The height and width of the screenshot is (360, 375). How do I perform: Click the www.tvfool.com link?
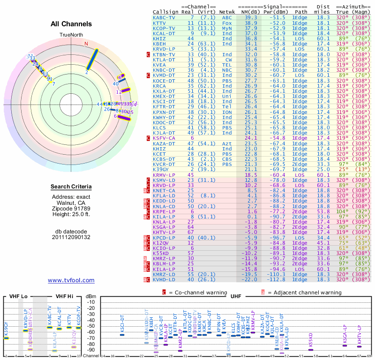(71, 280)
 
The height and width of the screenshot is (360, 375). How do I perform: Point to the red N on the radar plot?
(86, 44)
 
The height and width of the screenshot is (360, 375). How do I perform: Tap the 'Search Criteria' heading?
(71, 187)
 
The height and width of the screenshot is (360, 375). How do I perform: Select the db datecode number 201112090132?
(71, 237)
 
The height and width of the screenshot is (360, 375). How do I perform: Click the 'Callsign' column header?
(165, 11)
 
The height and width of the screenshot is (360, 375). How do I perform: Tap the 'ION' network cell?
(227, 112)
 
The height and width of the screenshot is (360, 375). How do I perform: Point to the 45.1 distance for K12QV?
(323, 243)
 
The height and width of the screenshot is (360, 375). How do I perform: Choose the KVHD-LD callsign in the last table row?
(165, 279)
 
